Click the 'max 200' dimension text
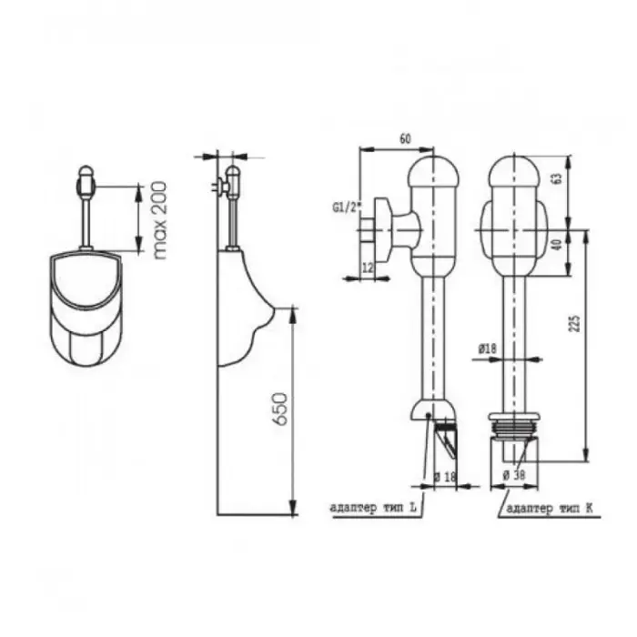point(160,220)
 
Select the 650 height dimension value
point(280,409)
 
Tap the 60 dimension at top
point(405,139)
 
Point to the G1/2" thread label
point(348,207)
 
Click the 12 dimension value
point(368,268)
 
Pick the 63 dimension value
point(557,178)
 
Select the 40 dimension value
point(557,245)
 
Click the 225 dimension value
point(576,323)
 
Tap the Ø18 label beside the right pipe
point(488,349)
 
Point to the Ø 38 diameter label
point(514,475)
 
